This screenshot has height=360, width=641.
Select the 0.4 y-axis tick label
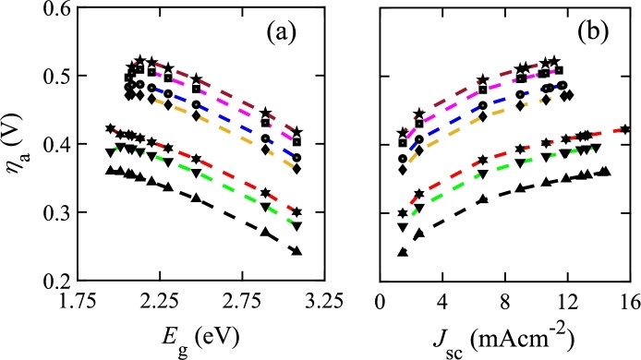55,145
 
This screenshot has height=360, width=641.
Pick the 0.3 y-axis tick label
55,213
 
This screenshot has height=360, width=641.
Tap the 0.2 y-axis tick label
55,281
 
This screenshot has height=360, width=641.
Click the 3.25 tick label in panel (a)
324,301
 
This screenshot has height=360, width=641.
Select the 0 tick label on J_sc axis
381,301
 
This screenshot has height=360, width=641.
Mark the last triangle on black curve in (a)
296,250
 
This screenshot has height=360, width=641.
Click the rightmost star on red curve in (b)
625,129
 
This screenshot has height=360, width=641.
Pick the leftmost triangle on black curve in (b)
403,251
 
